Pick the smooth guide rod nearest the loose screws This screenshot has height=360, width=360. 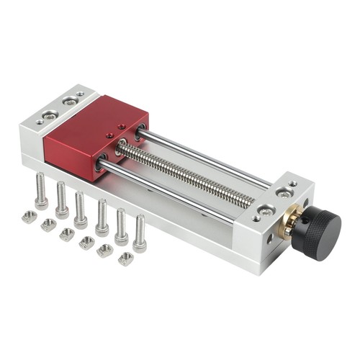[x=173, y=190]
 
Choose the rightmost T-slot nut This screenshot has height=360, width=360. [x=125, y=258]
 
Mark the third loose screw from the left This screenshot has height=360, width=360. [x=81, y=208]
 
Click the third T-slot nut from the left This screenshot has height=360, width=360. [x=67, y=234]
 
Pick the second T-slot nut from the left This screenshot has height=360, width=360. [x=48, y=225]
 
